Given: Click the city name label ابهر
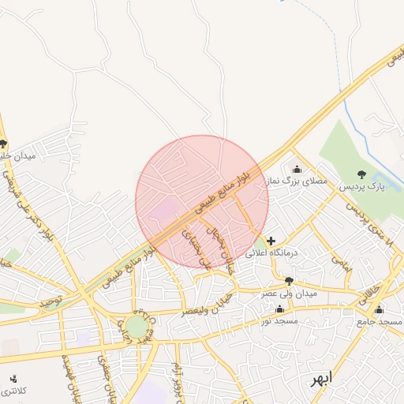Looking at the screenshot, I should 321,378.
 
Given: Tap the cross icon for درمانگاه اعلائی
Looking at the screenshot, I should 271,241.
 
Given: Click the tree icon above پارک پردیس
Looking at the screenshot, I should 362,174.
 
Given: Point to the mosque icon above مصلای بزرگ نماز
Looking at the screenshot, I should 297,168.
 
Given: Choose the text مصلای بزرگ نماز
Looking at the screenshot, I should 297,181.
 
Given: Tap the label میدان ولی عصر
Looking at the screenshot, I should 289,294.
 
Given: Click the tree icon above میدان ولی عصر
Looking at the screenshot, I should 289,281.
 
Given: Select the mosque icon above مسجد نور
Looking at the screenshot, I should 279,309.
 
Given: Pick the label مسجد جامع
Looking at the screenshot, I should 379,322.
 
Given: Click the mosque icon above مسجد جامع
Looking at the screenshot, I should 379,309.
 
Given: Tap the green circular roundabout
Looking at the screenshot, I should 137,327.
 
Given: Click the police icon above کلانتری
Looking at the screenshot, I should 13,379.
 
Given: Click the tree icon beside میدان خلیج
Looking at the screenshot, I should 4,144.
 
